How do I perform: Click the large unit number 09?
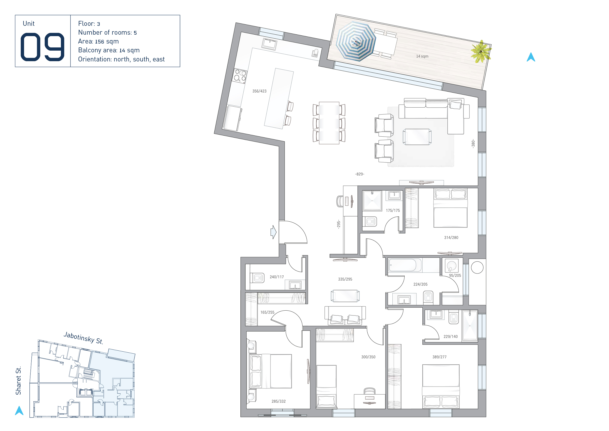42,47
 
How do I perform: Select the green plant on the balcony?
481,52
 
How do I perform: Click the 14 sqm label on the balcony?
422,56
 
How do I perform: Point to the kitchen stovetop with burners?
240,76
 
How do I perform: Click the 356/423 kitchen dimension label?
259,91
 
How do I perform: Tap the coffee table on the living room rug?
417,137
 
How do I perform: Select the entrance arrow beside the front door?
274,232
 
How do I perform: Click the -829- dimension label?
360,174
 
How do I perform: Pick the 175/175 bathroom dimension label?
393,210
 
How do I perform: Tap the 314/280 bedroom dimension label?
451,238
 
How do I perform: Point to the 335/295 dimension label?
345,279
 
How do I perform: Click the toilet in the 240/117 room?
257,278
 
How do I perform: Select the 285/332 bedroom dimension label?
278,401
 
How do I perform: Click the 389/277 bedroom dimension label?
439,357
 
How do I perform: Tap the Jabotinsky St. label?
83,338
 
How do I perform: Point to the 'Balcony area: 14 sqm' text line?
109,50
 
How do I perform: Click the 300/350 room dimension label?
368,357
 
